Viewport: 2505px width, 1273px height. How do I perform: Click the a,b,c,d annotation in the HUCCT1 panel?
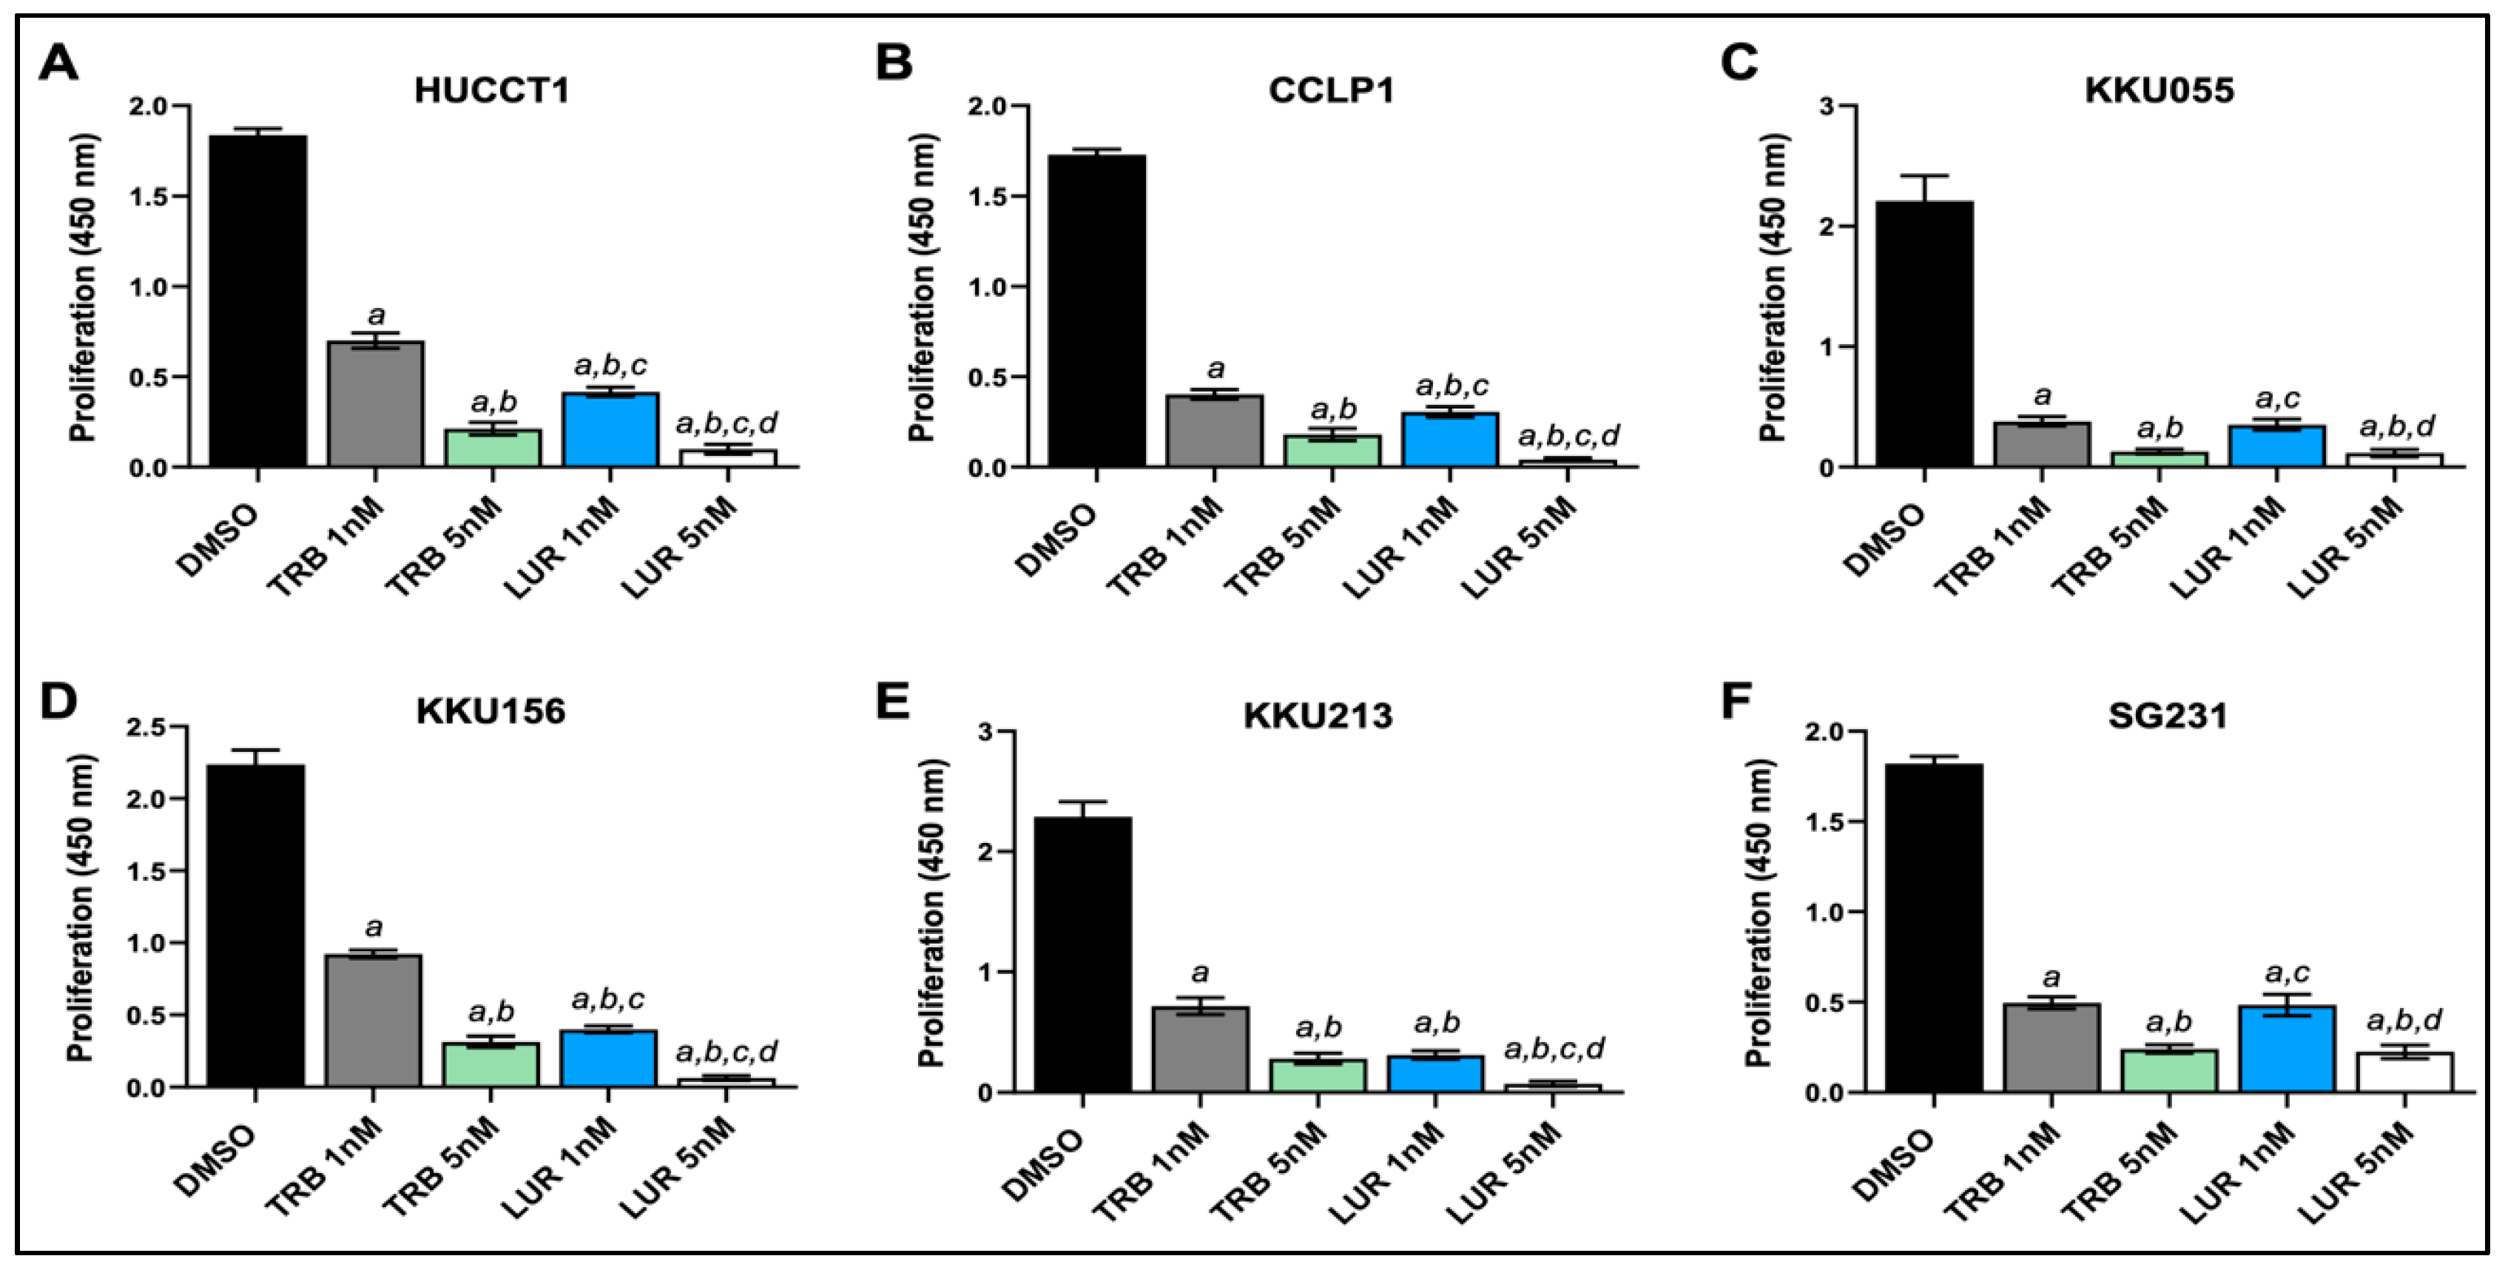coord(726,423)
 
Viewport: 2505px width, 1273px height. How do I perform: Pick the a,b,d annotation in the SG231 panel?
coord(2405,1020)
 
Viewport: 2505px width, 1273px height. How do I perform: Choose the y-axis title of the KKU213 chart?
coord(931,910)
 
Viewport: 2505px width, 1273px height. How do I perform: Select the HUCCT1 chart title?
coord(491,90)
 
